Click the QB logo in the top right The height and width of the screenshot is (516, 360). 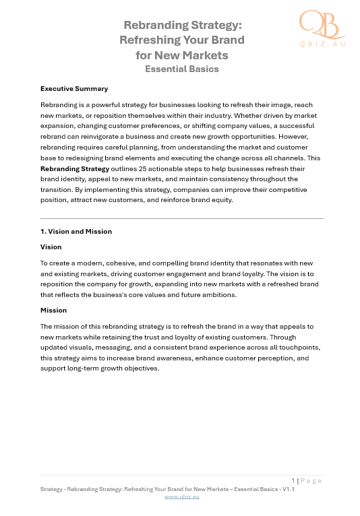[x=320, y=24]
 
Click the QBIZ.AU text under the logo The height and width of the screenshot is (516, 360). [x=323, y=44]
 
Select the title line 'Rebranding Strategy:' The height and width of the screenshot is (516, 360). [x=182, y=25]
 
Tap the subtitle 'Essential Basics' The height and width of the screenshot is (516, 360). [x=182, y=69]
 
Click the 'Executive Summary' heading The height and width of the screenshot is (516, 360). [x=74, y=89]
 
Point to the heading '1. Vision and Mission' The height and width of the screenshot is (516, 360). [x=76, y=232]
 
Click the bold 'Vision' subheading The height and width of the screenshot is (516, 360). [x=51, y=247]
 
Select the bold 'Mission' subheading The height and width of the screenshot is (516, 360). [x=53, y=311]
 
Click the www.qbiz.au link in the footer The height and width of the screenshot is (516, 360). [x=182, y=496]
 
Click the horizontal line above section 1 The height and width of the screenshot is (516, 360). [x=182, y=218]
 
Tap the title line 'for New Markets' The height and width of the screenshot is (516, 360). [x=182, y=55]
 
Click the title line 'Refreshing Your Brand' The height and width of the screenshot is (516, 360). [x=182, y=40]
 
